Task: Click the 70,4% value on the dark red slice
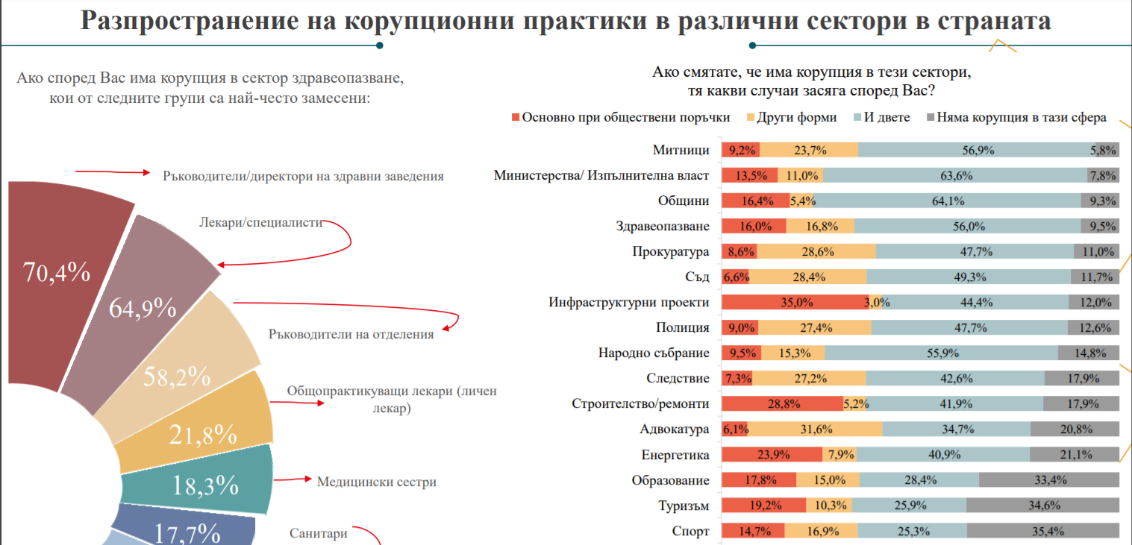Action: coord(57,273)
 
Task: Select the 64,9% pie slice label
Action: coord(143,307)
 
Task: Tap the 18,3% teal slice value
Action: coord(205,485)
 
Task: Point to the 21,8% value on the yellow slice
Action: coord(203,434)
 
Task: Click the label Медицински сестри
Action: coord(376,482)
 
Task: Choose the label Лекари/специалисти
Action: coord(260,222)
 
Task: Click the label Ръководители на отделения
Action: coord(351,334)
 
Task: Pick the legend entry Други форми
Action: coord(796,117)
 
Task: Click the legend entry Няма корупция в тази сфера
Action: coord(1022,117)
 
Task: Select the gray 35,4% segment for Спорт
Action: coord(1043,531)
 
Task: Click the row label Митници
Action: coord(681,150)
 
